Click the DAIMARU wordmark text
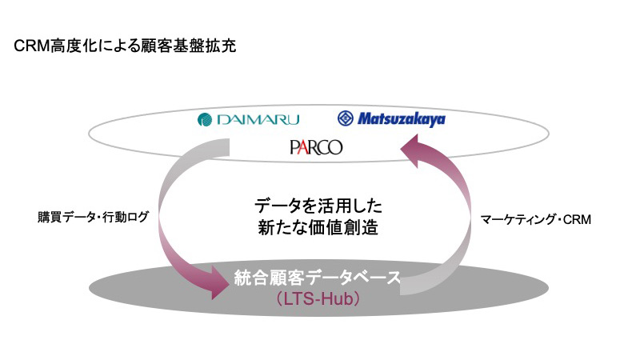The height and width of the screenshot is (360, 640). point(258,119)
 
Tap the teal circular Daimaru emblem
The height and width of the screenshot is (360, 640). point(205,119)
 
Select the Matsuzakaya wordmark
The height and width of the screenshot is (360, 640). point(402,119)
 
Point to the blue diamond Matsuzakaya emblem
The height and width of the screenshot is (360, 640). point(346,118)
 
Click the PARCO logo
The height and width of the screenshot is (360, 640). point(316,147)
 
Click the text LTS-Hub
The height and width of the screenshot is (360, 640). point(318,299)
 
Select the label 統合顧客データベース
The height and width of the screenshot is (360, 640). point(318,278)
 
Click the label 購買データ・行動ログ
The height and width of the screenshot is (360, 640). point(93,217)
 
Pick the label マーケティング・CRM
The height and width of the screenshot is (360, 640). point(535,219)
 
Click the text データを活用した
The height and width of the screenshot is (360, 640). point(318,206)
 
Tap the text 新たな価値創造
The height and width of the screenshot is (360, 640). point(318,227)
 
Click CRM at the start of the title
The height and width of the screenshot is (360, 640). point(32,46)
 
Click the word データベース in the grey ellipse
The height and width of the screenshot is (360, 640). point(354,278)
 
